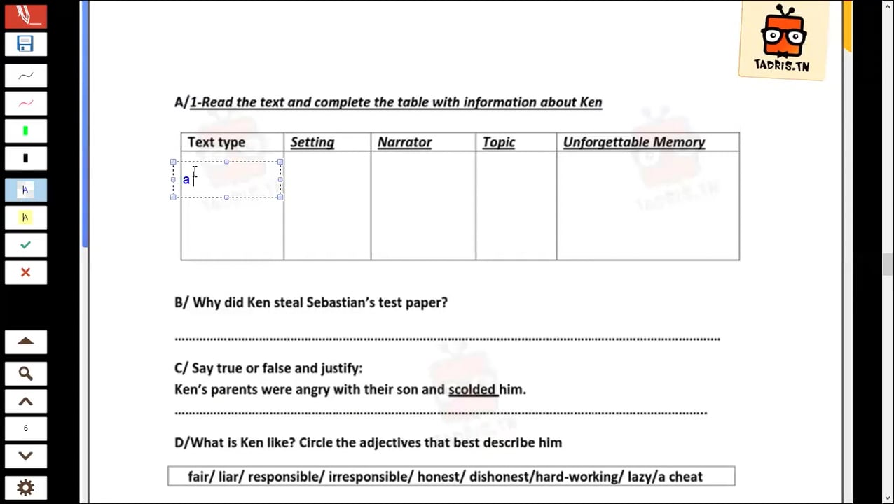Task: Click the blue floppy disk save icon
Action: (x=25, y=44)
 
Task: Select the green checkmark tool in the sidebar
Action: (x=25, y=245)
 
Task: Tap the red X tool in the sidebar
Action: (x=25, y=272)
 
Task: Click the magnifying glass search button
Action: (x=25, y=373)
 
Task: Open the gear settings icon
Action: (x=25, y=488)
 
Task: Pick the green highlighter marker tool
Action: (x=25, y=131)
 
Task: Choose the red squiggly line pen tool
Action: (x=25, y=104)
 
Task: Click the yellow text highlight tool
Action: (x=25, y=217)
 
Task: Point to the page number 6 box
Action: (x=25, y=428)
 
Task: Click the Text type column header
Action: (x=216, y=142)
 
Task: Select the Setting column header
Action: (x=312, y=142)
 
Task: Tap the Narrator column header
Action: (x=404, y=142)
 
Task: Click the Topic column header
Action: (x=498, y=142)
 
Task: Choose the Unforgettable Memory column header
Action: (x=633, y=142)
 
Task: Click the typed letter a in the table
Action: (x=186, y=180)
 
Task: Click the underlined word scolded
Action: (x=472, y=389)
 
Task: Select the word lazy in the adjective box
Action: (x=641, y=477)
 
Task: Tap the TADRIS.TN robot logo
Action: (x=783, y=39)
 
